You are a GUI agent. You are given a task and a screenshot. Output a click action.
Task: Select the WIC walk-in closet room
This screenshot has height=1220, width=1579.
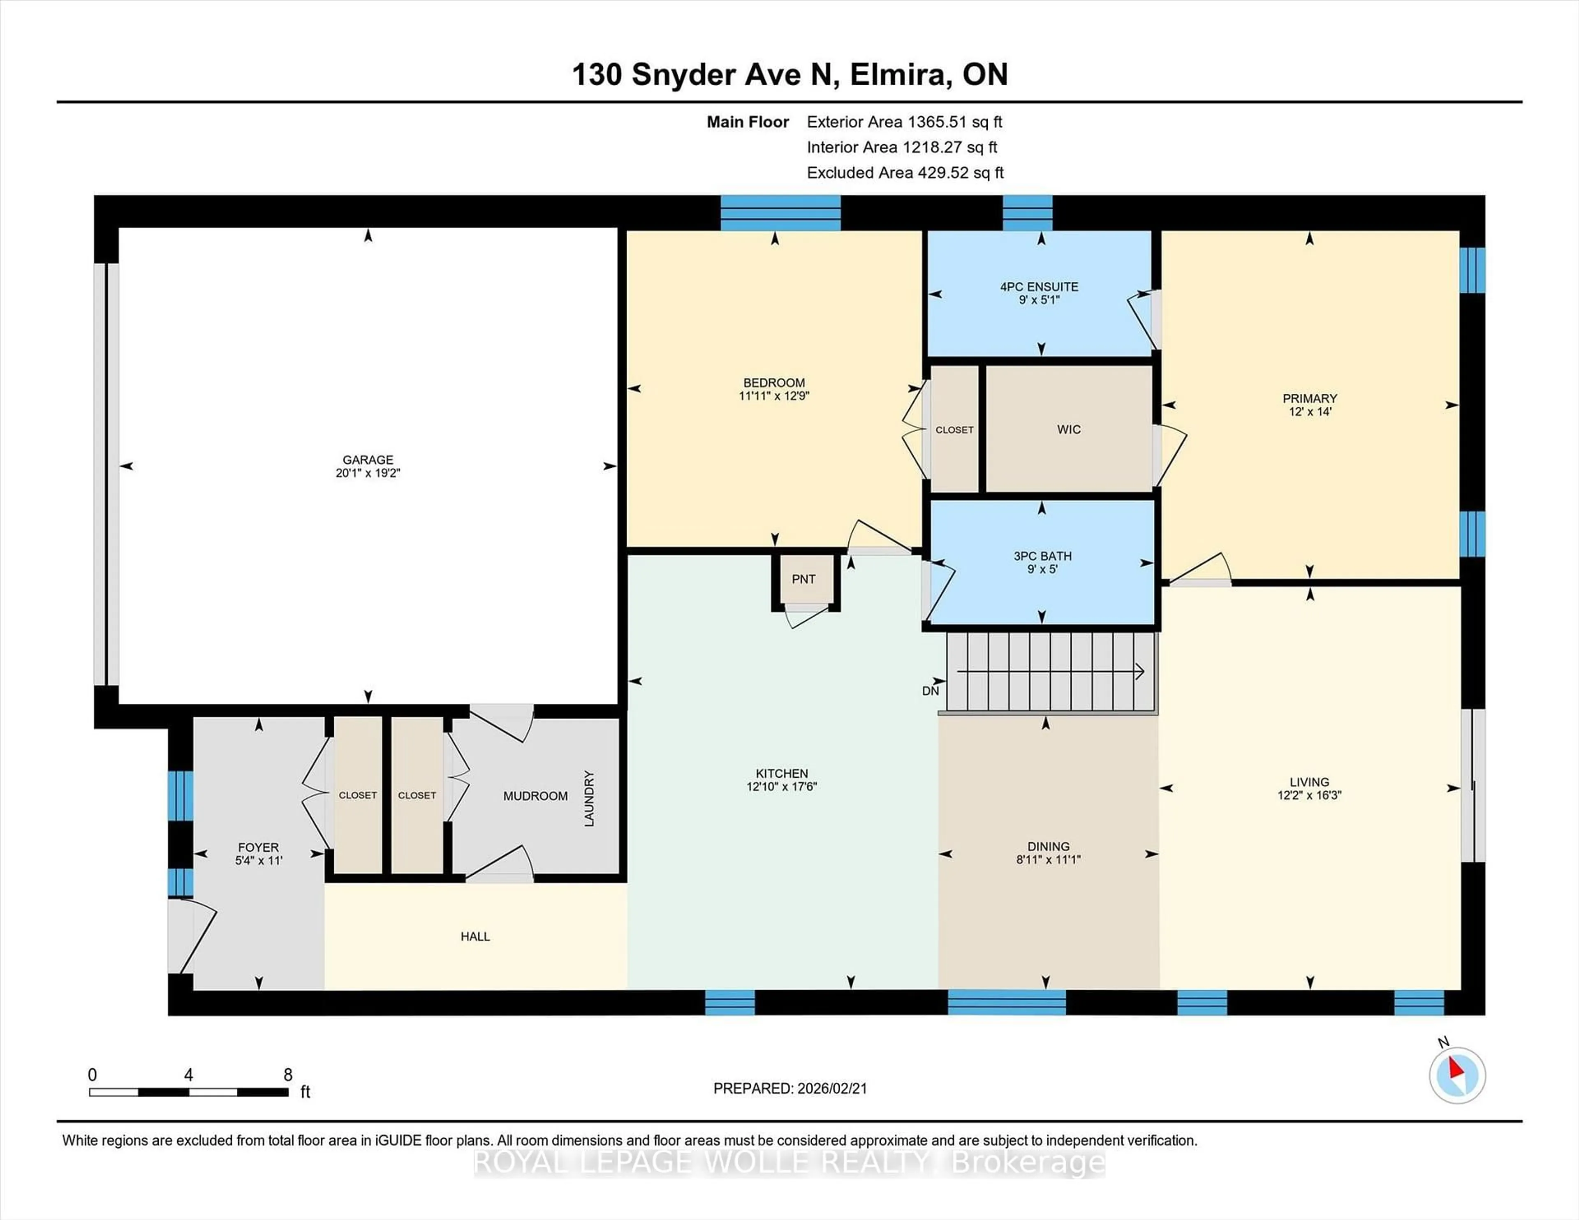[x=1069, y=429]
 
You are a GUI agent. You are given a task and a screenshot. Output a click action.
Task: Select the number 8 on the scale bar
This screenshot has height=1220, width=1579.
[x=288, y=1075]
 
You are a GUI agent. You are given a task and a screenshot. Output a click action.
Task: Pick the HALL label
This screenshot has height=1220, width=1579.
[x=475, y=937]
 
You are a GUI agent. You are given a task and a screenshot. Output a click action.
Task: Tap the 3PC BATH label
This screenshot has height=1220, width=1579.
[x=1042, y=556]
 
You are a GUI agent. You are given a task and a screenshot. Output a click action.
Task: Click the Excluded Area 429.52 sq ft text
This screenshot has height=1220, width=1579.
[x=905, y=173]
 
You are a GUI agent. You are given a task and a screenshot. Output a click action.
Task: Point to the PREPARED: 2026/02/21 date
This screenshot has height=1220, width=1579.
[x=789, y=1088]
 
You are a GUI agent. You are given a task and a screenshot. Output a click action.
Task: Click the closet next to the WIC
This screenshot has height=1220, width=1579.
[x=954, y=429]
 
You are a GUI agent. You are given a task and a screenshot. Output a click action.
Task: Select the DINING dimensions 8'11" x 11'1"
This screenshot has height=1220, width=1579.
[x=1048, y=860]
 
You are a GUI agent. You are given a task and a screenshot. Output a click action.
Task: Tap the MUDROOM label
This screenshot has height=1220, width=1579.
[x=535, y=796]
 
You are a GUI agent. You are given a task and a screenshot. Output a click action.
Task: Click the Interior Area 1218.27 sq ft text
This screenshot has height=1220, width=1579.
[x=902, y=148]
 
